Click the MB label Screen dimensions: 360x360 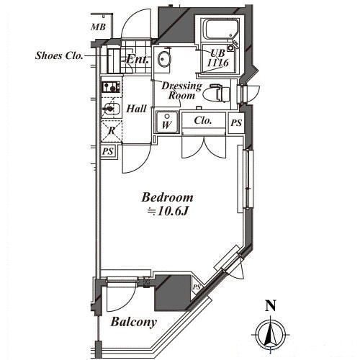98,27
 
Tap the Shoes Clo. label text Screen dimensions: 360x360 59,55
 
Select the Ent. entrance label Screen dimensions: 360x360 138,59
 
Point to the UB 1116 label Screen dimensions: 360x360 217,58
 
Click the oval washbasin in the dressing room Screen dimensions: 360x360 164,59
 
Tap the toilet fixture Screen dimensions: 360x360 216,93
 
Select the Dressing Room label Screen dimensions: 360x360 181,91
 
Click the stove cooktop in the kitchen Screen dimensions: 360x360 112,87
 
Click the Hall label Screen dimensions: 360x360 136,109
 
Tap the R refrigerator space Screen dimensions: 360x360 112,131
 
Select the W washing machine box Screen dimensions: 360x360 167,122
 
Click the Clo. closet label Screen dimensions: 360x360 203,120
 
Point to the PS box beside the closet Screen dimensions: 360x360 236,123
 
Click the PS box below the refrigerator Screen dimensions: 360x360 108,151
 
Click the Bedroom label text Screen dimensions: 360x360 168,197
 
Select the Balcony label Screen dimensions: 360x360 134,322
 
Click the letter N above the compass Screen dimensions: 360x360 271,306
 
